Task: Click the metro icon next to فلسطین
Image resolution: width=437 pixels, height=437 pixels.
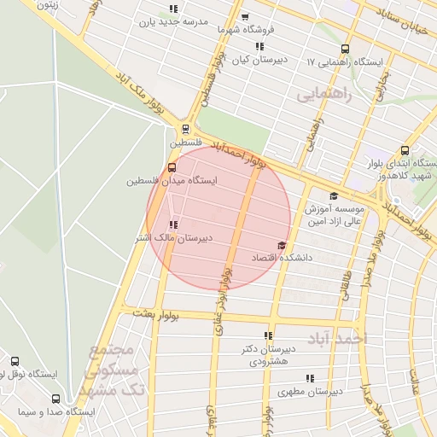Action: (184, 130)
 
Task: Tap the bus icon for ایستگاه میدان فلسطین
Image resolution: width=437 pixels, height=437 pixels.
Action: (172, 167)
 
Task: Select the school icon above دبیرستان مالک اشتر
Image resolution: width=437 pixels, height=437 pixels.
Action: (174, 224)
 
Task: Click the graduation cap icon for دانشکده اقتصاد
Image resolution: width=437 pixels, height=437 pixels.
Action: (282, 245)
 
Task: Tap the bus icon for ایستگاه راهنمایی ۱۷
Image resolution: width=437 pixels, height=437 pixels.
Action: (345, 49)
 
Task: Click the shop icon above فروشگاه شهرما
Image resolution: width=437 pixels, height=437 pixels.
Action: (246, 16)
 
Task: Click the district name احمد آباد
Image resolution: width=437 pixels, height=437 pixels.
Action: (340, 338)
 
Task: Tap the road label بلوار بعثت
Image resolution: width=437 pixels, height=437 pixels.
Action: (156, 315)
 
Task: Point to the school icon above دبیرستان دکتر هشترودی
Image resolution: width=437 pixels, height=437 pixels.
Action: (268, 335)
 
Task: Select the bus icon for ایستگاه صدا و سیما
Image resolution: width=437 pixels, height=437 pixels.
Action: (56, 399)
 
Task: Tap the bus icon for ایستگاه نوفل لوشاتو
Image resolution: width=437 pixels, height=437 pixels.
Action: (15, 361)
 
